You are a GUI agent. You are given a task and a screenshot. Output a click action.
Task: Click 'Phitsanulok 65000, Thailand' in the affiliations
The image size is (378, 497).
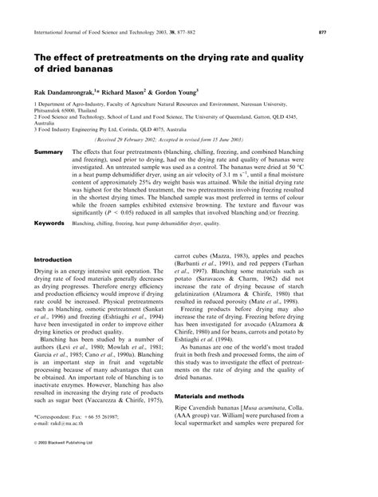click(68, 111)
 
